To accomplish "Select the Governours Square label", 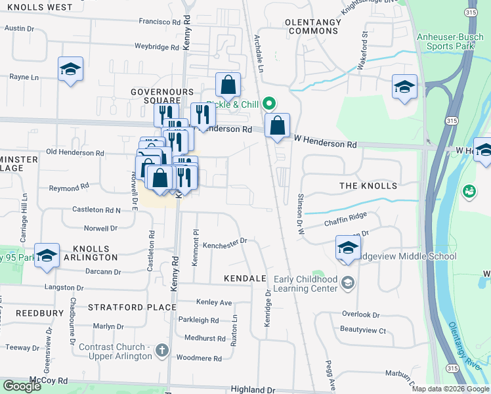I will click(x=161, y=96).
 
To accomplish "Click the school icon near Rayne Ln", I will click(x=70, y=70).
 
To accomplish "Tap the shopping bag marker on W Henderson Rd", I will click(x=278, y=125).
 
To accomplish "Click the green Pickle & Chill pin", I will click(x=268, y=104).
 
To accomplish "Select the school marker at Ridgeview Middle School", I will click(x=348, y=248).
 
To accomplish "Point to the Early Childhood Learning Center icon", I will click(x=347, y=283).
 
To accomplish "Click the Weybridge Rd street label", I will click(x=156, y=47).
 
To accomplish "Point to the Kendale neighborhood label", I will click(x=245, y=278).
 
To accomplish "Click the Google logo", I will click(x=22, y=386).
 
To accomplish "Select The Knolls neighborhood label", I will click(x=368, y=186).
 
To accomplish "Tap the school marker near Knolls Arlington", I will click(x=47, y=255).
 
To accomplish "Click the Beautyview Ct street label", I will click(x=363, y=330).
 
